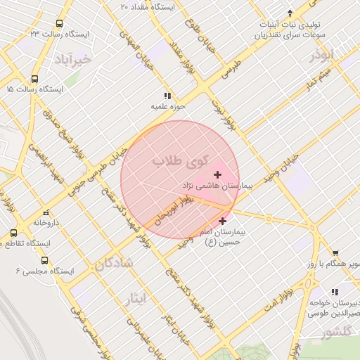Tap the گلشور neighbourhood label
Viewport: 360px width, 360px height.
point(335,335)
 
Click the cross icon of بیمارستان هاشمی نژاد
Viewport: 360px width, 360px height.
point(217,174)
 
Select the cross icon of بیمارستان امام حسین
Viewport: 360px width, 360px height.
point(223,221)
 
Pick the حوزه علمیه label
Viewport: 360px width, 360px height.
point(167,107)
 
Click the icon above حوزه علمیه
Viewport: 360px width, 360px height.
point(167,95)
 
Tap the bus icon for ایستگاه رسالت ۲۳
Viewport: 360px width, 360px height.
point(59,23)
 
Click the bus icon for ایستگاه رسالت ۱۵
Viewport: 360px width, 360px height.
point(35,79)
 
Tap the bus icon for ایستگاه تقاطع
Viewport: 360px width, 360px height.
point(14,233)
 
